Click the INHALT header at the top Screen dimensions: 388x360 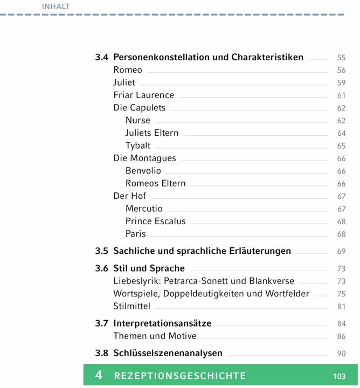(x=56, y=6)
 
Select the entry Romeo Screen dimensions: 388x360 (x=128, y=70)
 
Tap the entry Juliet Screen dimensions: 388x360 (x=124, y=82)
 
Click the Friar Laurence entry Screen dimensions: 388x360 (x=143, y=95)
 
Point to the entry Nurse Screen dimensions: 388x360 (x=138, y=120)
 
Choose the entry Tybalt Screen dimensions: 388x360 (x=138, y=145)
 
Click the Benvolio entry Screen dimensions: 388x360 (x=143, y=171)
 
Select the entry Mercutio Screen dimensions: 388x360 (x=144, y=209)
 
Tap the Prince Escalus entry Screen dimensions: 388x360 (x=155, y=221)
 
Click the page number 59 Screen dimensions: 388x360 (x=341, y=83)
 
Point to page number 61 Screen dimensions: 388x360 (x=341, y=95)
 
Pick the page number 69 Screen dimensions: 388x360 (x=341, y=251)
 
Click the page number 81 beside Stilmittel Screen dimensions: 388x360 (x=341, y=307)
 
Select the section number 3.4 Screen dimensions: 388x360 (x=102, y=57)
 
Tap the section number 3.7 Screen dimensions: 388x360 (x=102, y=324)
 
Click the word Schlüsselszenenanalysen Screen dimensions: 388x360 (x=168, y=354)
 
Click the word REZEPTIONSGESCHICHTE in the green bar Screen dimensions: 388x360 (x=180, y=376)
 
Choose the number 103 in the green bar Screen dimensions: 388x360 (x=339, y=376)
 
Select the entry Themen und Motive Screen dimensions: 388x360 (x=155, y=336)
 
